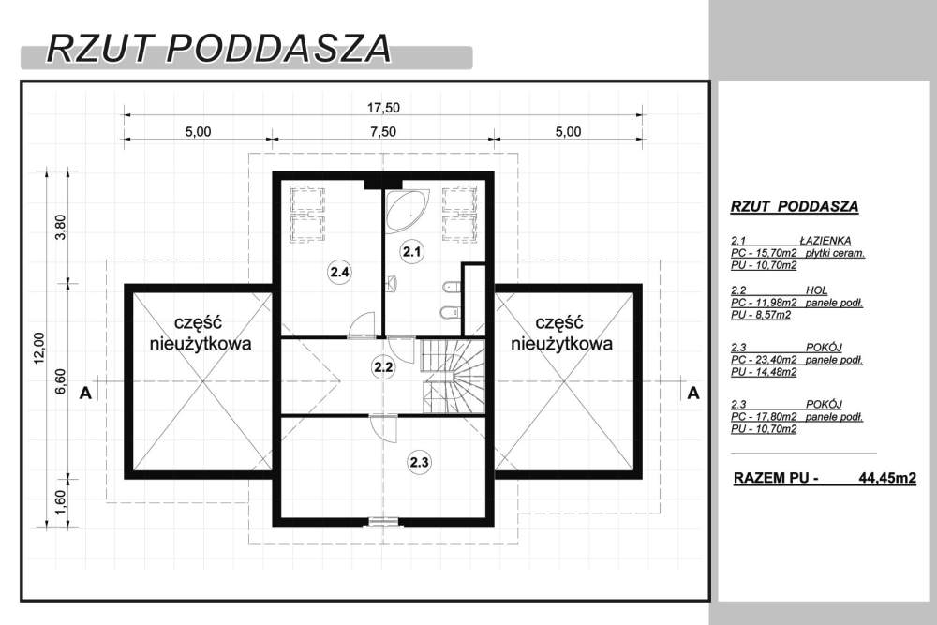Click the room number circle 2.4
click(x=339, y=273)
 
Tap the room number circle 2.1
click(x=411, y=251)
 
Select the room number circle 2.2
click(x=382, y=367)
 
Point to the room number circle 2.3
click(x=419, y=462)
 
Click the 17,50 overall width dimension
click(x=383, y=108)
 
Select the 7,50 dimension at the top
click(x=382, y=131)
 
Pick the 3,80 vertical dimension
click(x=60, y=226)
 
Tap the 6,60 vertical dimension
click(x=60, y=381)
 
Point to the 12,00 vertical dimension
click(x=38, y=347)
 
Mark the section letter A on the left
click(x=86, y=393)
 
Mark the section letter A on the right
click(x=693, y=393)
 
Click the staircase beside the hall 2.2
click(x=453, y=375)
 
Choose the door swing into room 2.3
click(x=383, y=429)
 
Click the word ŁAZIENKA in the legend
click(x=825, y=241)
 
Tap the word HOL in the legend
click(x=816, y=290)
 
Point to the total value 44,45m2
click(x=886, y=478)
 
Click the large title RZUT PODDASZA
click(x=218, y=49)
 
